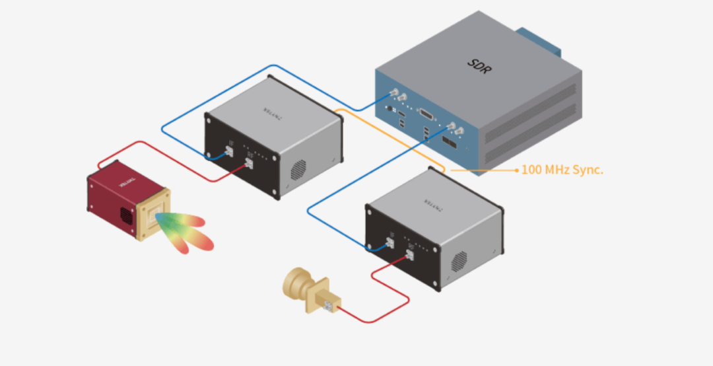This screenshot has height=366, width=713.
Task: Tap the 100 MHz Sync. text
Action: [562, 170]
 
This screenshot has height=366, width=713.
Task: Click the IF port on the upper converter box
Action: [228, 151]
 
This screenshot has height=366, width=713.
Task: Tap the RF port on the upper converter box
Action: [250, 162]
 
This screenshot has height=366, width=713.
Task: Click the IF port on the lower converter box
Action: [391, 242]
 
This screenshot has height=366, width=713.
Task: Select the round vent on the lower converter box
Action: [459, 262]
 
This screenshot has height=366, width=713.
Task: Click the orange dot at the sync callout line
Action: [516, 170]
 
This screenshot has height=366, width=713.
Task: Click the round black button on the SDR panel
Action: [390, 109]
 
